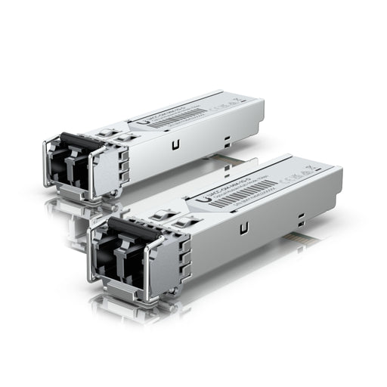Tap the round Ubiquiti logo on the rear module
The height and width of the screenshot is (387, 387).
coord(134,120)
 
